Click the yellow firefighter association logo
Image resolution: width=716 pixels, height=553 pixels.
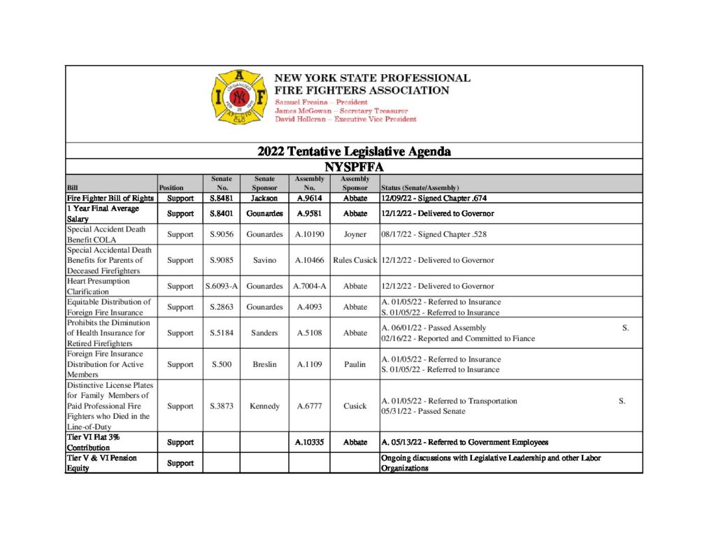(239, 97)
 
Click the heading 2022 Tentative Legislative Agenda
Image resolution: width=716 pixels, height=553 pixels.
(354, 151)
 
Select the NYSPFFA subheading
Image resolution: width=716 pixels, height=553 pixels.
(354, 167)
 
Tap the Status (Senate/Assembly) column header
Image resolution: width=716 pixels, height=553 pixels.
(420, 187)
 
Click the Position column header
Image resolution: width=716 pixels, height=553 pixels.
(171, 187)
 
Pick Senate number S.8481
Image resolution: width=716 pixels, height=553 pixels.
(222, 198)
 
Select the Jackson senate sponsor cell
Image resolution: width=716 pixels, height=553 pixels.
(264, 198)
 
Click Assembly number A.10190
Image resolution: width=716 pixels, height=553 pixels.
(309, 234)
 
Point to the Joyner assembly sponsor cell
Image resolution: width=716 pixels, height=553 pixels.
(355, 234)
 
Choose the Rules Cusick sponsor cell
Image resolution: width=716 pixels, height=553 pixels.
(355, 260)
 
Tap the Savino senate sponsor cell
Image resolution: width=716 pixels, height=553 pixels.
(264, 260)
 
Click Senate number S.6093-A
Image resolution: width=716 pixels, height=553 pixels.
(222, 286)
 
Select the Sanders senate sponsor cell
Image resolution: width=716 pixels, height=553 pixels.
(264, 333)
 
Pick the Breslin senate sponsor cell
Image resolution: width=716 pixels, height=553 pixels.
(264, 364)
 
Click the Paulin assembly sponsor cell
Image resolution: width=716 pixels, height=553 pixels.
(355, 364)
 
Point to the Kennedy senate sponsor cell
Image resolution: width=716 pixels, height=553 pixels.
(264, 405)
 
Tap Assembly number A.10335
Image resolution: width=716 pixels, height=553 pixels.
(309, 442)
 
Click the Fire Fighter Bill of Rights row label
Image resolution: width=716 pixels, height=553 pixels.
(110, 198)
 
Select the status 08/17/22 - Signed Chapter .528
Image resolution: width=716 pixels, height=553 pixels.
(434, 234)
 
